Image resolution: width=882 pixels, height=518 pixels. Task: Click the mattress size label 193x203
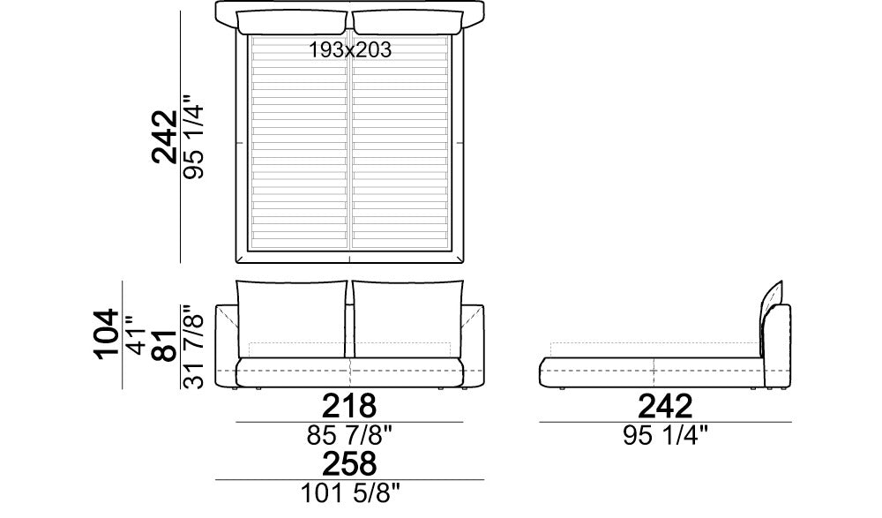[x=350, y=50]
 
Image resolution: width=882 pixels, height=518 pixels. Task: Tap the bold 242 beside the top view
[x=165, y=137]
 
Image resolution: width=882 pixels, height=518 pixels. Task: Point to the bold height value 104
[x=107, y=334]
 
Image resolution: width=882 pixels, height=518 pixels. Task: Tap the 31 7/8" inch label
[x=194, y=347]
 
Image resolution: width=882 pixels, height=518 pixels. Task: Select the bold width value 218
[x=349, y=405]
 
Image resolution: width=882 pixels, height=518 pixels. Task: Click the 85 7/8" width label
[x=349, y=435]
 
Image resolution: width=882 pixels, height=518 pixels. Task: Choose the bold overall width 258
[x=349, y=464]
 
